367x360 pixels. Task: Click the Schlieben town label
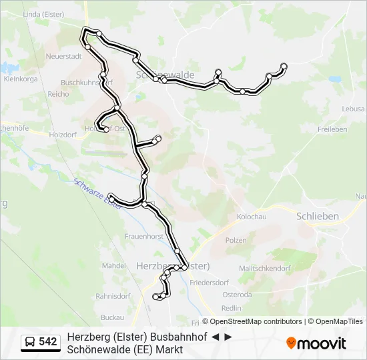[x=317, y=216]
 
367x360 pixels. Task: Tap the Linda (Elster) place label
[x=44, y=13]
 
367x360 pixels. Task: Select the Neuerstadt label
[x=63, y=57]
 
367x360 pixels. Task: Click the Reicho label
[x=58, y=94]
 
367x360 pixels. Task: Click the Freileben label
[x=332, y=129]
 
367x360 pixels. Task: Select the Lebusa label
[x=353, y=109]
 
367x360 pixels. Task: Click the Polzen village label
[x=236, y=240]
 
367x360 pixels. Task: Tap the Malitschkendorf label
[x=264, y=269]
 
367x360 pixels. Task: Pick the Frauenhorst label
[x=143, y=236]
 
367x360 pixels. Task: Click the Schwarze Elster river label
[x=95, y=193]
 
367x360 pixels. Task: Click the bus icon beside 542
[x=30, y=342]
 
